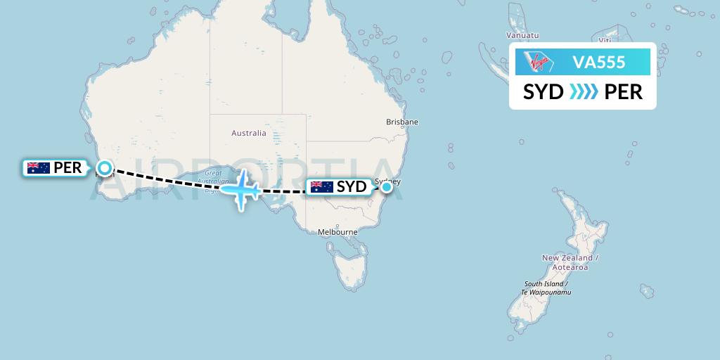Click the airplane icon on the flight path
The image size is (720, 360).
point(241,188)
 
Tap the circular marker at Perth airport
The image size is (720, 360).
point(105,167)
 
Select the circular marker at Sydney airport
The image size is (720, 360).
point(386,187)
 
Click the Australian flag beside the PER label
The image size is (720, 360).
point(38,168)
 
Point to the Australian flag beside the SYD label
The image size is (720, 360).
point(321,187)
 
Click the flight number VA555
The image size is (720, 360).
point(599,63)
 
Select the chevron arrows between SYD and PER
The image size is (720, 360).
point(584,92)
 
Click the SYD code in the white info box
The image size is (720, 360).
point(543,92)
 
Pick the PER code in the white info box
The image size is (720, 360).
point(623,92)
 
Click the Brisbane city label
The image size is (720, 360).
point(402,122)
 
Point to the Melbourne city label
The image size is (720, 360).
point(338,232)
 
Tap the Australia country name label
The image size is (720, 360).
point(248,133)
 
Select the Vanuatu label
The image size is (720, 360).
point(522,35)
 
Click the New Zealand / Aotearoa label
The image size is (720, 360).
point(570,262)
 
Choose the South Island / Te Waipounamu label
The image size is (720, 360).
point(546,288)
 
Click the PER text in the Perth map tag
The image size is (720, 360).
point(67,168)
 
